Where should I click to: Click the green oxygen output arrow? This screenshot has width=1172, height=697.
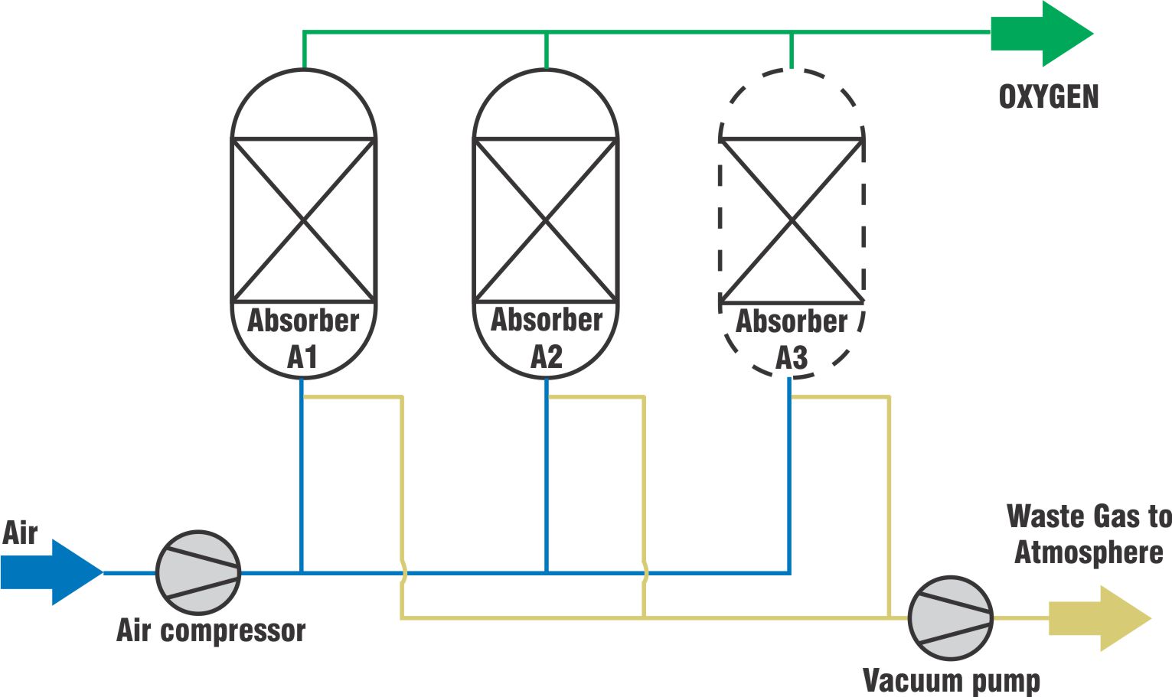[1041, 34]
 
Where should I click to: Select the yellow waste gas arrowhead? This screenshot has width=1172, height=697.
[1102, 617]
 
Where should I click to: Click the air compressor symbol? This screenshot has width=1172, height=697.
[198, 572]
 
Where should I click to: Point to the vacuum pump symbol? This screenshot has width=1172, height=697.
[950, 618]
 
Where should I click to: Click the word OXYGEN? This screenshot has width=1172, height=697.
[1049, 97]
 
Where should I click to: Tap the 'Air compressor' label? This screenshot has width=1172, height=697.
[211, 630]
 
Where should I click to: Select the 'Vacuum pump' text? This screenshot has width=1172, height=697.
[951, 680]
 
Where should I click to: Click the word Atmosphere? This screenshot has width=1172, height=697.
[1089, 552]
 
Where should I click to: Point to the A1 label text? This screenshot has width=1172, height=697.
[302, 357]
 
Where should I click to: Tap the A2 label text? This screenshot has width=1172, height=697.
[547, 357]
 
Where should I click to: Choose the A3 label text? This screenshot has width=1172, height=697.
[792, 358]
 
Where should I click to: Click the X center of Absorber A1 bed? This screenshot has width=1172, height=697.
[304, 220]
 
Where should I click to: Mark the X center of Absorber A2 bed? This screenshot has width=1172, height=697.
[546, 220]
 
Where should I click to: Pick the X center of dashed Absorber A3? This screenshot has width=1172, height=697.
[792, 221]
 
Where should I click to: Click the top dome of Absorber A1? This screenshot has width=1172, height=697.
[304, 103]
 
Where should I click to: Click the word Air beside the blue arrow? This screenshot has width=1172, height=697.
[20, 533]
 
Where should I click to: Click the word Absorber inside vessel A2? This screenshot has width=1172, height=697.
[547, 320]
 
